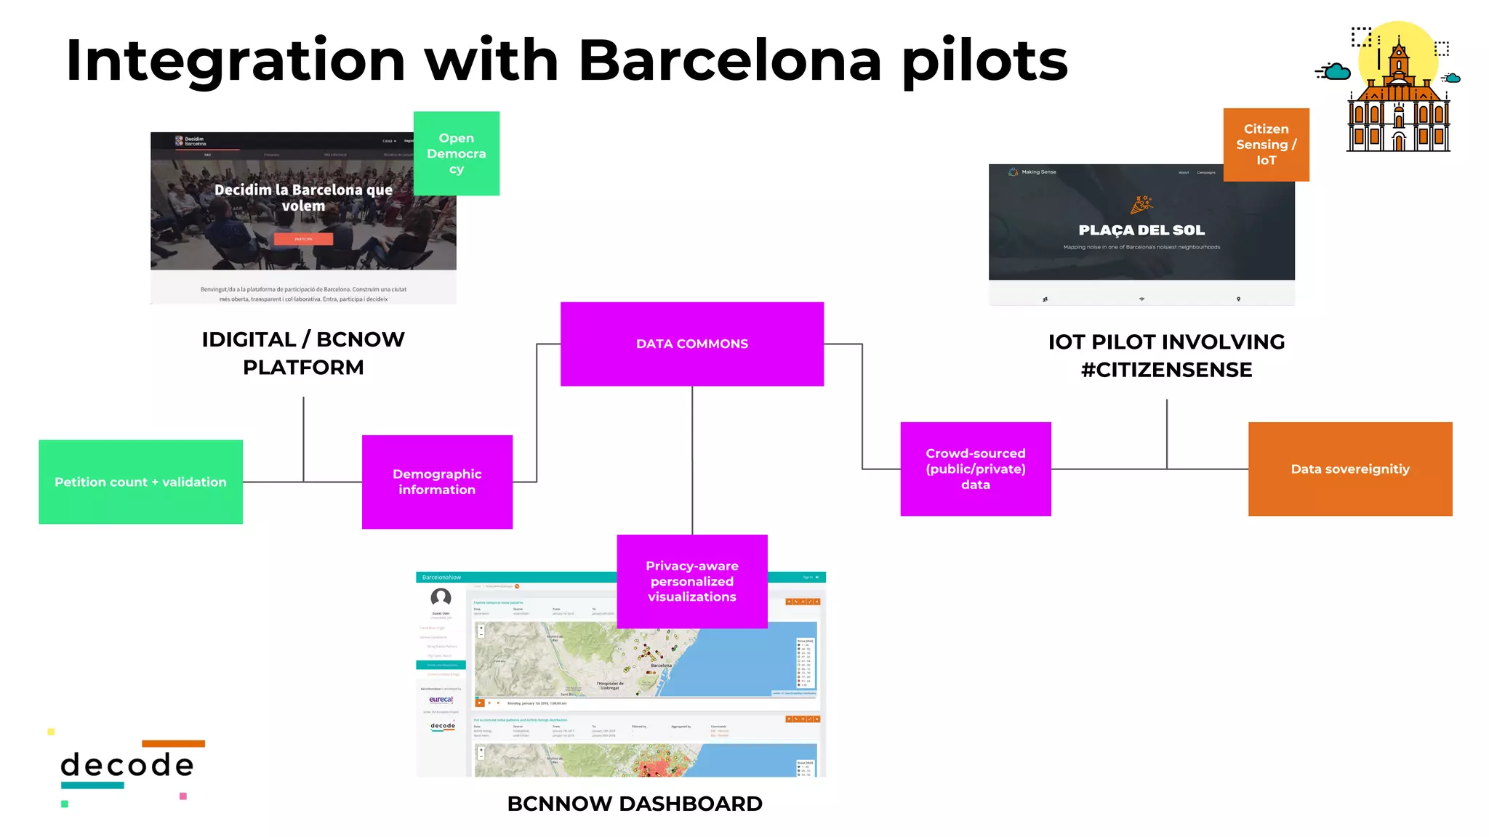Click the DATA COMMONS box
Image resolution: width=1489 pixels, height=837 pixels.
(x=691, y=344)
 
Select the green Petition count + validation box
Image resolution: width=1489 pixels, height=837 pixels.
(x=140, y=482)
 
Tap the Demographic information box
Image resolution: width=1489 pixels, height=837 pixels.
(x=437, y=482)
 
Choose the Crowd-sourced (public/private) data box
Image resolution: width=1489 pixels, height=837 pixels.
(x=975, y=469)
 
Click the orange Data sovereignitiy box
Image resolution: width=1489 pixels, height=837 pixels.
(x=1349, y=469)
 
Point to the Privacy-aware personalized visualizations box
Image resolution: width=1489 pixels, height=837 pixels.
(x=691, y=581)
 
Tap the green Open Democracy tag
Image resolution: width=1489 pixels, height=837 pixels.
(x=456, y=153)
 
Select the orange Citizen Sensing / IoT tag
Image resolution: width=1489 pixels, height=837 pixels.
(x=1266, y=145)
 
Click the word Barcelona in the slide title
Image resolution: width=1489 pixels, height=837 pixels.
(x=729, y=60)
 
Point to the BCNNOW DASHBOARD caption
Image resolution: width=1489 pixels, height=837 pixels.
(x=634, y=804)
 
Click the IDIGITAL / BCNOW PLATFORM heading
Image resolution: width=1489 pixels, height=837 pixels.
(x=303, y=353)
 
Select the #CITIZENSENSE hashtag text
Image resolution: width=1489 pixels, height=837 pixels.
(x=1166, y=370)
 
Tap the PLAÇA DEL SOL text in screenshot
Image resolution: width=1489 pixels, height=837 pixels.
(x=1141, y=230)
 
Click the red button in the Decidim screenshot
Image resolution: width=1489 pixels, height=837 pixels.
(x=303, y=238)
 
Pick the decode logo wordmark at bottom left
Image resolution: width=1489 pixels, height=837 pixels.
(x=127, y=765)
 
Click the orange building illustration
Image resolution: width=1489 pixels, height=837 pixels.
(x=1398, y=109)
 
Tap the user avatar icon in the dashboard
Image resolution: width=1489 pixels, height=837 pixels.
(x=441, y=597)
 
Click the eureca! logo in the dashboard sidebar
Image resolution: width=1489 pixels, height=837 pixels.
(x=441, y=700)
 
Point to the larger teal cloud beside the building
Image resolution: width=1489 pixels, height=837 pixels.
(x=1336, y=72)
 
